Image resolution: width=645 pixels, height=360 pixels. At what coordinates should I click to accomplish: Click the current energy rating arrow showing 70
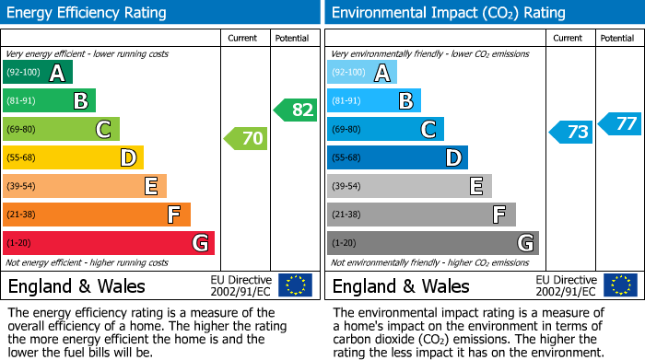pyautogui.click(x=246, y=139)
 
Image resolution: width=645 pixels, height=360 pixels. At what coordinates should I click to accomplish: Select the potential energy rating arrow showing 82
pyautogui.click(x=296, y=110)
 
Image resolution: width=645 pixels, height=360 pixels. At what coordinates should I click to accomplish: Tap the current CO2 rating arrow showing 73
pyautogui.click(x=570, y=133)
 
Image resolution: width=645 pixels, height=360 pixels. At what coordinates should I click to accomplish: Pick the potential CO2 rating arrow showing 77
pyautogui.click(x=620, y=123)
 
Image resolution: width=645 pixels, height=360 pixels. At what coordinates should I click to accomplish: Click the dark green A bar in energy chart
pyautogui.click(x=38, y=73)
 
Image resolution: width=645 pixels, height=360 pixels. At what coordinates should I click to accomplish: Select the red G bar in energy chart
pyautogui.click(x=109, y=243)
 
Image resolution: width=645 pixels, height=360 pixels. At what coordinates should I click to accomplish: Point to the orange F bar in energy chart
pyautogui.click(x=97, y=215)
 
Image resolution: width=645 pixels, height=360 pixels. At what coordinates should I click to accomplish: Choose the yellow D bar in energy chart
pyautogui.click(x=73, y=157)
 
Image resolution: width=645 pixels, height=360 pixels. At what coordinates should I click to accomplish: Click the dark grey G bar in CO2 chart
pyautogui.click(x=432, y=243)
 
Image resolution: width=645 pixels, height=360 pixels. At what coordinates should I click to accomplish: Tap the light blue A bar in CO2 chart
pyautogui.click(x=362, y=73)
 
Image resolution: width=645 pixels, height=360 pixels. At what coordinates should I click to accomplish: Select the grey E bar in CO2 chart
pyautogui.click(x=409, y=186)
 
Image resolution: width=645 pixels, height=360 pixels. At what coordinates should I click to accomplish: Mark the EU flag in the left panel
pyautogui.click(x=296, y=285)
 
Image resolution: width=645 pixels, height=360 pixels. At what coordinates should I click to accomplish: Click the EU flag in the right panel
pyautogui.click(x=620, y=285)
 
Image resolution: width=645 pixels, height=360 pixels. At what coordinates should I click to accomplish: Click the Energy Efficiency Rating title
pyautogui.click(x=88, y=13)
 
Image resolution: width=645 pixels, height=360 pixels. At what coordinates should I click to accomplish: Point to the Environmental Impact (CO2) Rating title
pyautogui.click(x=447, y=13)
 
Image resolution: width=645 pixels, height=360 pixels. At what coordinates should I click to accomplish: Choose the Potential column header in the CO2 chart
pyautogui.click(x=617, y=38)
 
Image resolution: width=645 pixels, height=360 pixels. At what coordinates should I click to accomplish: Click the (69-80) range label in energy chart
pyautogui.click(x=22, y=129)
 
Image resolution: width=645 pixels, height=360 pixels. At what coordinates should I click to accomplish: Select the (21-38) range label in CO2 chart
pyautogui.click(x=346, y=215)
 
